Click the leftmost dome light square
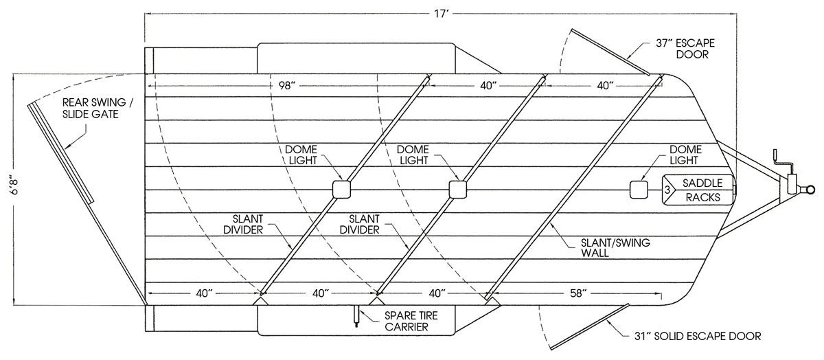(x=341, y=190)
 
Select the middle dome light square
(x=457, y=190)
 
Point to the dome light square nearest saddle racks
(x=639, y=190)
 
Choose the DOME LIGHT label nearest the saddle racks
(x=685, y=155)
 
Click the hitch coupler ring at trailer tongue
(x=810, y=190)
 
